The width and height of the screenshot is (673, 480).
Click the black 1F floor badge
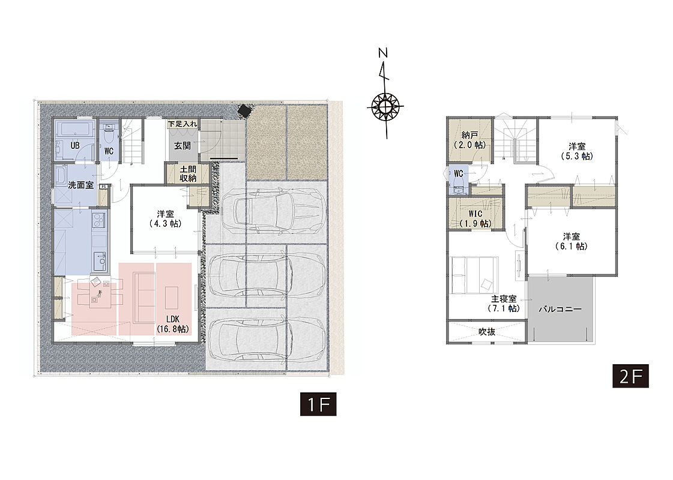pos(318,404)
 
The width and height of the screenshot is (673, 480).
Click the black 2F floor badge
pos(630,376)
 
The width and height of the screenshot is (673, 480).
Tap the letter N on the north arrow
pos(383,53)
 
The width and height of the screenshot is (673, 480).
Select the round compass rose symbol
pos(385,105)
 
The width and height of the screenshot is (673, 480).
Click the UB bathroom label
pos(74,145)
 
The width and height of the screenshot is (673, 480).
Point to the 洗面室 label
pos(80,185)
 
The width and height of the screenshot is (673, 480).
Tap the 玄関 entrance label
pos(183,145)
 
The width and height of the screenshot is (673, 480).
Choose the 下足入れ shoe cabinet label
pos(183,124)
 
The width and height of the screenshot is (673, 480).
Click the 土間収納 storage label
pos(188,174)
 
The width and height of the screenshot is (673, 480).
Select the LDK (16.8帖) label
pos(172,324)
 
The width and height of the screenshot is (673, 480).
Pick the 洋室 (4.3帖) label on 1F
pos(165,218)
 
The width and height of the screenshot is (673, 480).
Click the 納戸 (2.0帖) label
pos(470,140)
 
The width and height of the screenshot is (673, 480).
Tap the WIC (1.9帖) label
pos(475,218)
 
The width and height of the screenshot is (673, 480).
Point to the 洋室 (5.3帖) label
pos(577,151)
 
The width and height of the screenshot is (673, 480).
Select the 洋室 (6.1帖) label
pos(572,241)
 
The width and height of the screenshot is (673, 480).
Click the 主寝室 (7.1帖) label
pos(504,304)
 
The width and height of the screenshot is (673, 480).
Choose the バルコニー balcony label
pos(560,309)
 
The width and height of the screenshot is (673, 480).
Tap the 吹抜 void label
pos(487,332)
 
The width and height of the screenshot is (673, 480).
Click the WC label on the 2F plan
pos(459,174)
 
